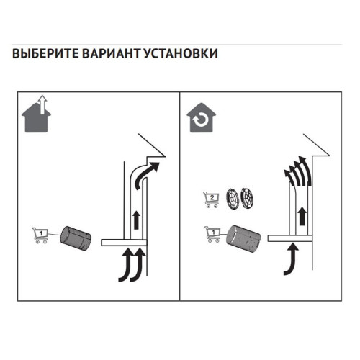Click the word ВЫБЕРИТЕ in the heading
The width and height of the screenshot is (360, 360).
tap(45, 53)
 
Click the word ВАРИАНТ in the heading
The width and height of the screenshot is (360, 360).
tap(111, 53)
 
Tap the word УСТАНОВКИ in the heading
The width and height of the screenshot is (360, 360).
tap(181, 53)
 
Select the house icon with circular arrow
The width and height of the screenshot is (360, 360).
tap(202, 118)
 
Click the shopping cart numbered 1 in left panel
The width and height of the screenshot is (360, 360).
tap(40, 235)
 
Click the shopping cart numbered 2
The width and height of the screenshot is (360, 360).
tap(211, 199)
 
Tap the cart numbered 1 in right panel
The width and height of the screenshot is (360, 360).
tap(212, 234)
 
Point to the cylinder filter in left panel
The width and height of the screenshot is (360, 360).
tap(76, 238)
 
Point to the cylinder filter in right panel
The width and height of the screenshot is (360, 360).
tap(243, 238)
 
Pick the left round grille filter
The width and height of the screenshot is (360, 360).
tap(233, 198)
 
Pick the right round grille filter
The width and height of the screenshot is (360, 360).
tap(247, 198)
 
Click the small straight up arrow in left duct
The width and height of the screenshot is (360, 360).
tap(137, 220)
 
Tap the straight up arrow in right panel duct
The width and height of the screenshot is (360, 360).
tap(302, 216)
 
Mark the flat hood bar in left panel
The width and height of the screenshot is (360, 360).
tap(124, 243)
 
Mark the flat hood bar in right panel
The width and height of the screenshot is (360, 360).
tap(290, 238)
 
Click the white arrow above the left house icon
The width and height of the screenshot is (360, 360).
tap(42, 104)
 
